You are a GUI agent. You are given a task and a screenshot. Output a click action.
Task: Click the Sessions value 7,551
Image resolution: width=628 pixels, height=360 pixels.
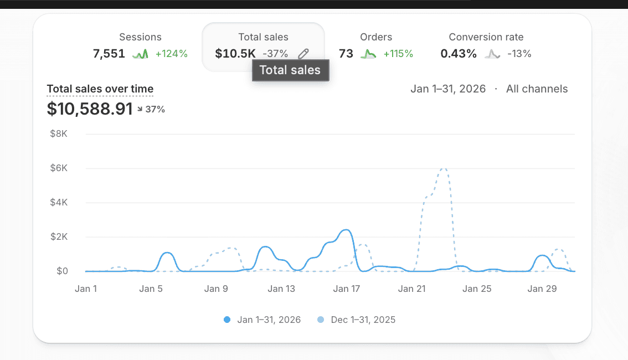click(109, 54)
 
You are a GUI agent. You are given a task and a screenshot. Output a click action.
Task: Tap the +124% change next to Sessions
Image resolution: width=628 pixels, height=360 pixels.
click(172, 54)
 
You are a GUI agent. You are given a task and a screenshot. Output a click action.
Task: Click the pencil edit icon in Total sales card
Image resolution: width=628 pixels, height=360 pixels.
click(303, 54)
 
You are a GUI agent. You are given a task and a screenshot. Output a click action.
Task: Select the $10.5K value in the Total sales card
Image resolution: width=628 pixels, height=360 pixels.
click(235, 54)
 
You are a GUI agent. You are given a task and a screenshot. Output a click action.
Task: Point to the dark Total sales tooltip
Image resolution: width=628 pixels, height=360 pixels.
click(290, 70)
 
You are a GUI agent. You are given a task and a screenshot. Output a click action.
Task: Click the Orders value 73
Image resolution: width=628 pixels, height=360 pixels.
click(346, 54)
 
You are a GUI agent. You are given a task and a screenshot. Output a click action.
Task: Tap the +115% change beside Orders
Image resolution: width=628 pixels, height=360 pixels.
click(398, 54)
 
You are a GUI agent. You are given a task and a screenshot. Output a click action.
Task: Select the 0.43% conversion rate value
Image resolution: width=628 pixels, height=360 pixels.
click(459, 54)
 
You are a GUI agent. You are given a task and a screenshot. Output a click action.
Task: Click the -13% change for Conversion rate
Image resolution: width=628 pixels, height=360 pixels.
click(519, 54)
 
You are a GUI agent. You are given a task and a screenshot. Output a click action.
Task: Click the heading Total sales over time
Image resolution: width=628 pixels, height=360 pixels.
click(100, 89)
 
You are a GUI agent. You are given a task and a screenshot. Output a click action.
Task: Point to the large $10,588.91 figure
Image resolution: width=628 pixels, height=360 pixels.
click(90, 109)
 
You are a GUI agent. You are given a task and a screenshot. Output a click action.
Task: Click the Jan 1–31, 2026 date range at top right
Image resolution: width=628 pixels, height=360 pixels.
click(448, 89)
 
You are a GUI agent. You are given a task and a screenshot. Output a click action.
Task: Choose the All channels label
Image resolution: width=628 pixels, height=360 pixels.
click(537, 89)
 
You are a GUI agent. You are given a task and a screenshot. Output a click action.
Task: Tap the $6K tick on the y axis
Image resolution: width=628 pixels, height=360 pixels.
click(59, 168)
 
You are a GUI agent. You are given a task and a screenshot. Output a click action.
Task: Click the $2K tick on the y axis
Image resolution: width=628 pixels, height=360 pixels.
click(59, 236)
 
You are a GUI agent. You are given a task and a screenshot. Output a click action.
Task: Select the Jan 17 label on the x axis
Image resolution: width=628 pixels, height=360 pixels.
click(347, 289)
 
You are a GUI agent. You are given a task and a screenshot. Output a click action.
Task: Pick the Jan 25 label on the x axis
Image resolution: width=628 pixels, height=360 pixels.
click(477, 289)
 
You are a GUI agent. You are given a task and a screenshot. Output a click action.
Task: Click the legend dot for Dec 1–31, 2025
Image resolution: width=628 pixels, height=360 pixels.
click(321, 320)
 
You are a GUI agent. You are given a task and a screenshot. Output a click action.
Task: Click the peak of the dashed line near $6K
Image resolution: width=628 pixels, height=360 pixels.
click(444, 168)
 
